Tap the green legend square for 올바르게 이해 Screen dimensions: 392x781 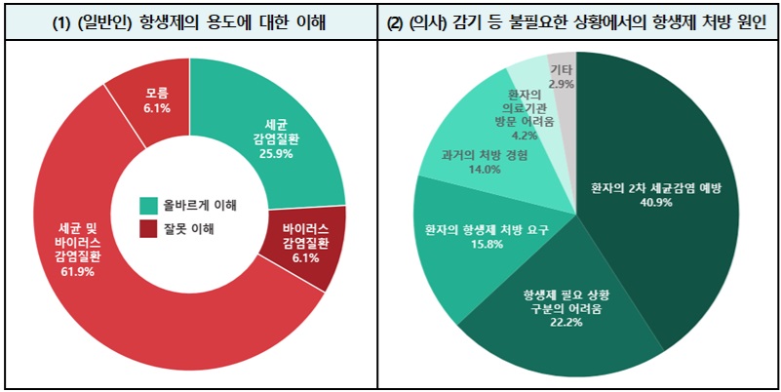coord(148,206)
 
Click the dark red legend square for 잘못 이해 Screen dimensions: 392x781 coord(148,229)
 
